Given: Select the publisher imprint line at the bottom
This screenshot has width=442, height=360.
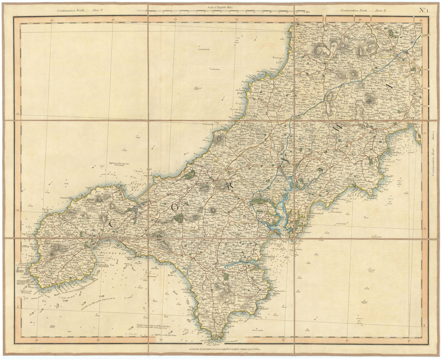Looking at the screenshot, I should coord(221,349).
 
